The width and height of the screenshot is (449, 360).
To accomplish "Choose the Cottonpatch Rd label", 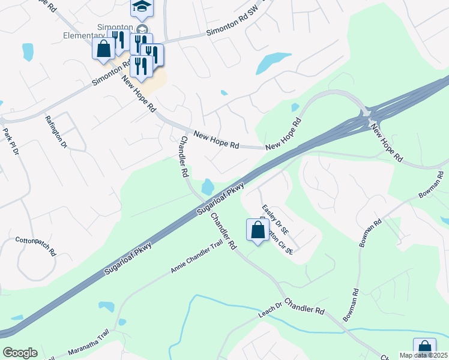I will tap(35, 244).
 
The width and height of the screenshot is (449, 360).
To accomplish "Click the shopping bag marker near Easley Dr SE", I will tap(258, 230).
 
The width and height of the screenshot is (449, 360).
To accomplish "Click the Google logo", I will tap(20, 353).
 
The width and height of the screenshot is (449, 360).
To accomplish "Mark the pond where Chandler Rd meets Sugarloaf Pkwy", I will tap(208, 187).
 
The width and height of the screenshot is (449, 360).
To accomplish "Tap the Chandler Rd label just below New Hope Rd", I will tap(182, 156).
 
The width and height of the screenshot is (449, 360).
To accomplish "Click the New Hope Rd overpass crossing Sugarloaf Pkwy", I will tap(366, 115).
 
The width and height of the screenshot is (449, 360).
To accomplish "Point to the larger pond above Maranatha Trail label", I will tap(106, 307).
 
